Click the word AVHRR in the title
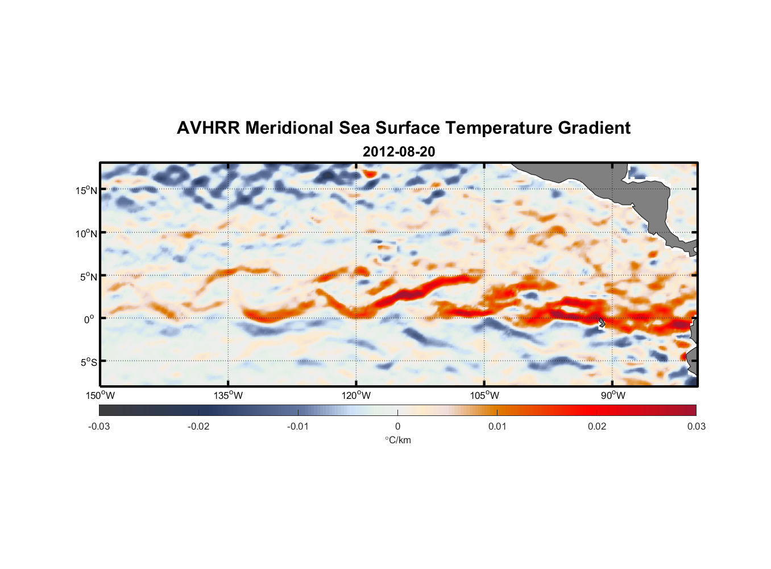click(208, 128)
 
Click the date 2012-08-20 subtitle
click(399, 152)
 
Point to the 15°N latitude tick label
click(86, 190)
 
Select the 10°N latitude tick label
click(86, 233)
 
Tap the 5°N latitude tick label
click(88, 277)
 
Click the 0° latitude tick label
click(89, 319)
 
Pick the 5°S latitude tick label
click(88, 362)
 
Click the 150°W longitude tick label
click(100, 395)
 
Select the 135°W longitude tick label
click(228, 395)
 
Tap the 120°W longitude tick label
click(357, 395)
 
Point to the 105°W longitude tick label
click(484, 395)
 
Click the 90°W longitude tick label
click(613, 395)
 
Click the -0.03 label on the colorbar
click(99, 427)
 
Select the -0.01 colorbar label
click(298, 427)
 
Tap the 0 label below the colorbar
click(397, 427)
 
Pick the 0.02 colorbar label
click(596, 427)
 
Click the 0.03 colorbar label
click(696, 427)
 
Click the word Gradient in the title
click(594, 128)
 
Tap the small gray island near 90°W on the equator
click(602, 323)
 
